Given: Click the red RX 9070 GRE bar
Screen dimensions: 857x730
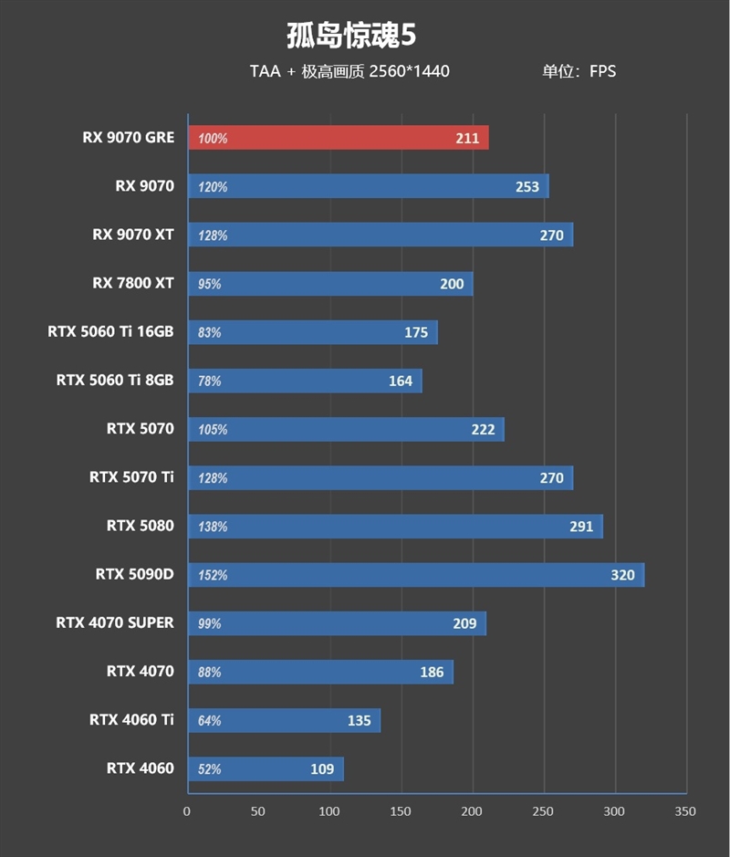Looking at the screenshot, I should click(x=338, y=138).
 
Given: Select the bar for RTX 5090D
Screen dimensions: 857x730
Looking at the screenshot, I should click(x=415, y=575).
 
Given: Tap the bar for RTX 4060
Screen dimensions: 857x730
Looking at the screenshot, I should click(x=265, y=768).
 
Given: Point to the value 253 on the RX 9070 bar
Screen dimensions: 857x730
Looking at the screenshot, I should click(x=527, y=187).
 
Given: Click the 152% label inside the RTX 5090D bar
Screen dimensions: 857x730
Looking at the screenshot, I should click(x=212, y=575).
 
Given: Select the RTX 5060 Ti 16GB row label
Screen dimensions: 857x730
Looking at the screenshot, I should click(x=110, y=332).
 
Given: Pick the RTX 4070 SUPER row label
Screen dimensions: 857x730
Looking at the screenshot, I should click(x=114, y=622).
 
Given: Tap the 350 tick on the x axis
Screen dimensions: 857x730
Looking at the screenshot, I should click(x=685, y=811).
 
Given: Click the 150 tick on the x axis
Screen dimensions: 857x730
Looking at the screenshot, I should click(x=401, y=811).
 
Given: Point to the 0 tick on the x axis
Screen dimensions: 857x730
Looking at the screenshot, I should click(x=187, y=811).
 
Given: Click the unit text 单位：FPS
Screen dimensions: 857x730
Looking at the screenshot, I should click(x=579, y=71).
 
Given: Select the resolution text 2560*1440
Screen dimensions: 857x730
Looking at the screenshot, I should click(x=409, y=71).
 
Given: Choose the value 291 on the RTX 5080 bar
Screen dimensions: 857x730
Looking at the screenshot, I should click(x=580, y=527).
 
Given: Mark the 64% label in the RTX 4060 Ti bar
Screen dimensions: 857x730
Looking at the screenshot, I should click(x=210, y=720).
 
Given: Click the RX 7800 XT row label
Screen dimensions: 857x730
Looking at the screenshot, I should click(x=132, y=283).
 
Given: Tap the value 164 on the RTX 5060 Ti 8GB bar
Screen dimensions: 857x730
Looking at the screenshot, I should click(x=401, y=381).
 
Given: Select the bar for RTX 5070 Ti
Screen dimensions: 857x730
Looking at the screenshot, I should click(x=380, y=477).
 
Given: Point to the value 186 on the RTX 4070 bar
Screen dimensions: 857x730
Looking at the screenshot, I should click(x=432, y=672).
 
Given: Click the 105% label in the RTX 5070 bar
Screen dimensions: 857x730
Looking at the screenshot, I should click(x=212, y=429).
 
